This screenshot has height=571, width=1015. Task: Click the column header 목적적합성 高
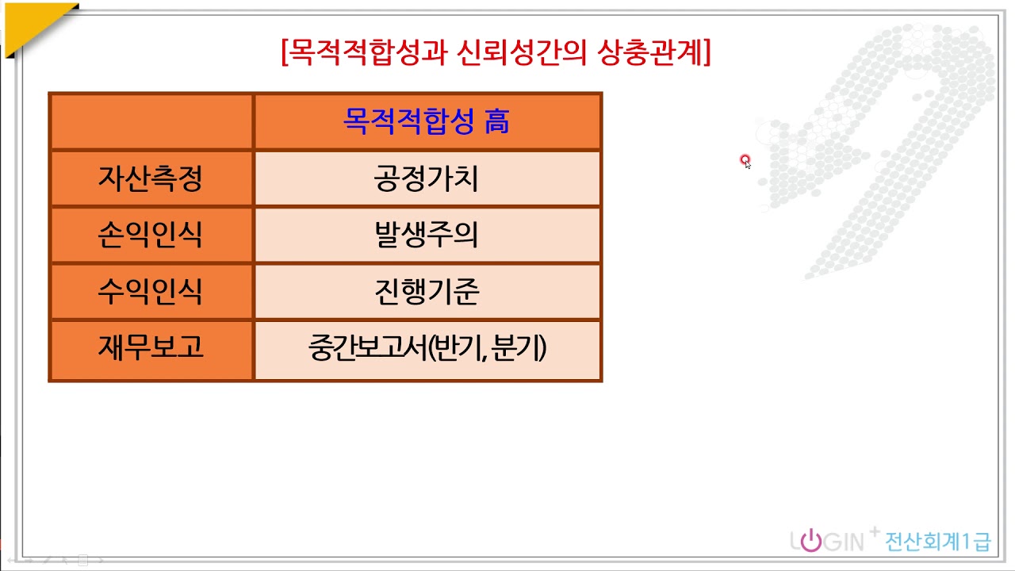[427, 121]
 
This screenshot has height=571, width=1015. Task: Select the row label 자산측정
[151, 178]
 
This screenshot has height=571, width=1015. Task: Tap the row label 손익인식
[151, 235]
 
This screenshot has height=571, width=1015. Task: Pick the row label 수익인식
[151, 292]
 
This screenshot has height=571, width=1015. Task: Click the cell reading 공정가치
[427, 178]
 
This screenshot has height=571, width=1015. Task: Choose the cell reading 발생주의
[427, 235]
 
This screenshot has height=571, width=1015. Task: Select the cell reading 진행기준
[427, 292]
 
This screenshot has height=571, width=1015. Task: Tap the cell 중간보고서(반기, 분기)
[427, 349]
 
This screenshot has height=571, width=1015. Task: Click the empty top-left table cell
[151, 121]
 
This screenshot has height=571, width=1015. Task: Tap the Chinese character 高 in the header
[497, 121]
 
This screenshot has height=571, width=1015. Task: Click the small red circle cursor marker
[745, 160]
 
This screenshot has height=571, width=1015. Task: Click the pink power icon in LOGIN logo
[810, 542]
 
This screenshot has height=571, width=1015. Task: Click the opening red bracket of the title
[284, 53]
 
